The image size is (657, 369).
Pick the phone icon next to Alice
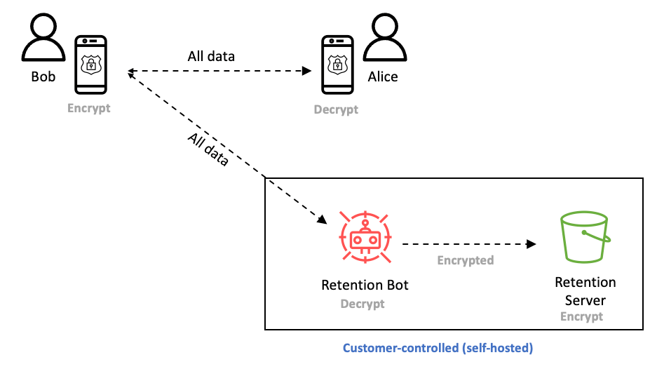pos(337,65)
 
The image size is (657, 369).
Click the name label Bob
pos(43,76)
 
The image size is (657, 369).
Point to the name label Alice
pos(383,77)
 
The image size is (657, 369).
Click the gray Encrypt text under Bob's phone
pos(89,108)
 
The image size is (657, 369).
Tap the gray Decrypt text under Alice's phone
pos(336,109)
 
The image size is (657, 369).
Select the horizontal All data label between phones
pos(211,56)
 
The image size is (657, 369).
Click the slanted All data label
pos(208,149)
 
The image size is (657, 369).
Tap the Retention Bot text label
pos(365,285)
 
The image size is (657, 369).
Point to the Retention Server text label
pos(585,291)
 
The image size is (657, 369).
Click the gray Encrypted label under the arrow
pos(466,260)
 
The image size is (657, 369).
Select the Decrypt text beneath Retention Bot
pos(363,304)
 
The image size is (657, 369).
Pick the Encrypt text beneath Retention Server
pos(581,316)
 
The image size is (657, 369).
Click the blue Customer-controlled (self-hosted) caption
pos(438,348)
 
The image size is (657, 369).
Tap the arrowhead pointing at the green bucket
pos(531,244)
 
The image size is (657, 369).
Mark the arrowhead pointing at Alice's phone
pos(306,71)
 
